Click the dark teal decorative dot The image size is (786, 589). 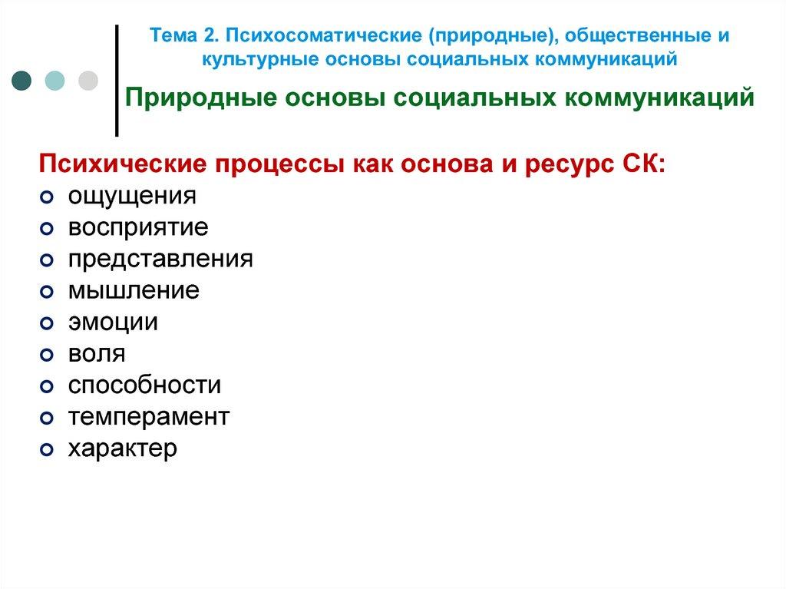[22, 80]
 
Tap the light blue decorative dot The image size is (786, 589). [55, 80]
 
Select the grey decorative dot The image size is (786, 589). [88, 80]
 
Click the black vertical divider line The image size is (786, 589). [117, 80]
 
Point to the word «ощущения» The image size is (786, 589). [132, 197]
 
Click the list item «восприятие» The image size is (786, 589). [137, 228]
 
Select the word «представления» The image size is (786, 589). [160, 259]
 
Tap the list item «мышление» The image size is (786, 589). [133, 290]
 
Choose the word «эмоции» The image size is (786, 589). [113, 322]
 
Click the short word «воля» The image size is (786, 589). [96, 353]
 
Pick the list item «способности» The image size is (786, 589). [144, 385]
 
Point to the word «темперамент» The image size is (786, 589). [148, 416]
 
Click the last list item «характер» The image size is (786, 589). [122, 448]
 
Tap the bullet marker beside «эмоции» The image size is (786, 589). [46, 323]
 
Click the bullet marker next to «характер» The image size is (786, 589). [46, 449]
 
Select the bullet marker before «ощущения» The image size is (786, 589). [46, 197]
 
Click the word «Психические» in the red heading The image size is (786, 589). [111, 165]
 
